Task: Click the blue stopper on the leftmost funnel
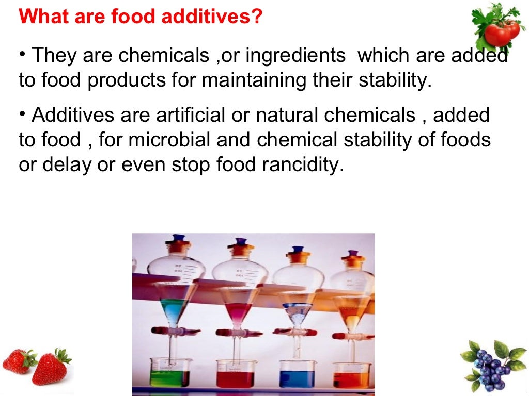click(178, 239)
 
